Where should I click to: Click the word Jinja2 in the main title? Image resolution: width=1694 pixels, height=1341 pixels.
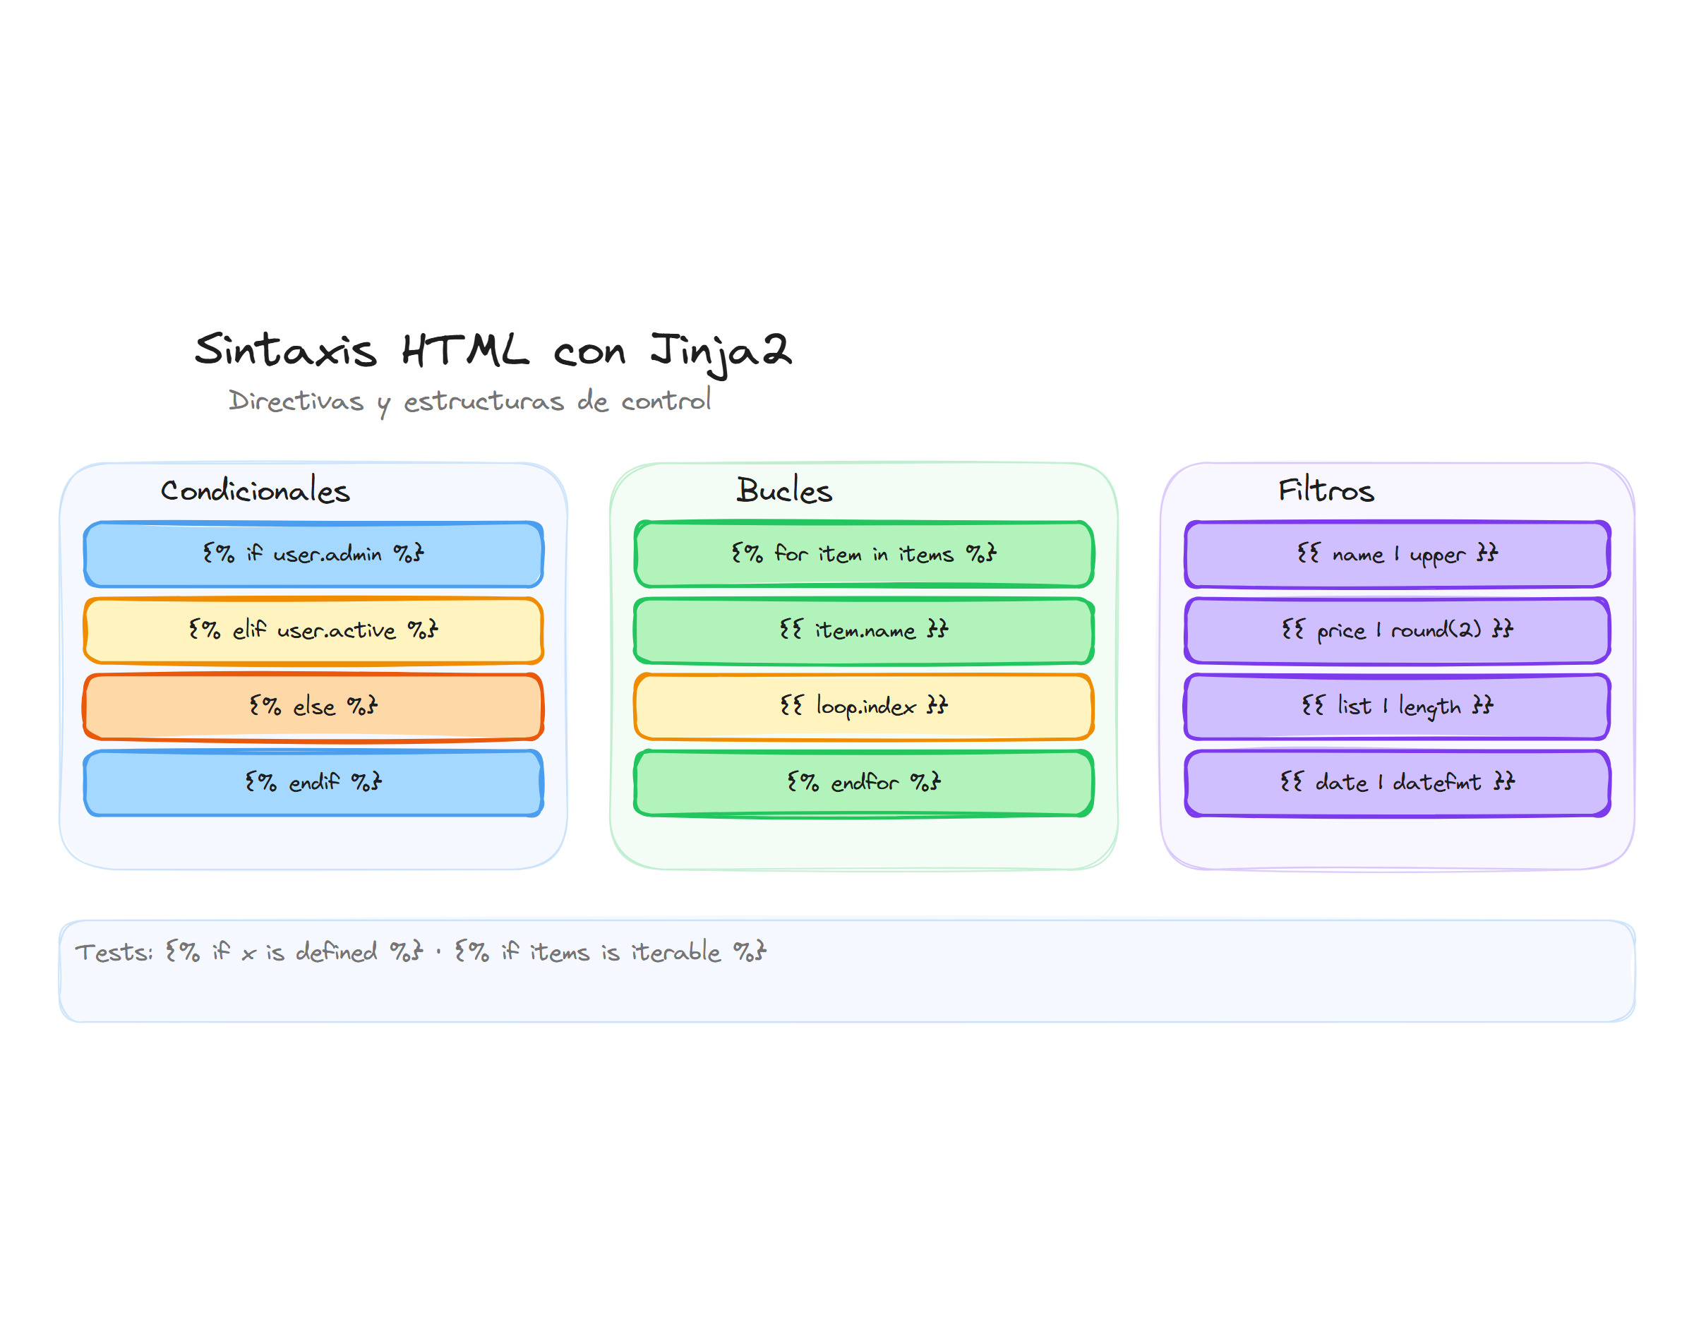(720, 351)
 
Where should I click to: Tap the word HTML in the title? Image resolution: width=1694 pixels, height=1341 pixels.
(464, 351)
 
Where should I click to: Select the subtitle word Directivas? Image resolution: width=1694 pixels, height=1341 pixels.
(296, 401)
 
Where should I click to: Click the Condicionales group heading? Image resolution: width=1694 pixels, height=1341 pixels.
(255, 491)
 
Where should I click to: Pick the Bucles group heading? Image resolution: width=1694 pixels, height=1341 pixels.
(783, 491)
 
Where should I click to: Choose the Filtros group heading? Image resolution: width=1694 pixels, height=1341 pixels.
(1325, 491)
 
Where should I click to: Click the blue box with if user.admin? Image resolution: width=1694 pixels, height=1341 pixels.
(313, 554)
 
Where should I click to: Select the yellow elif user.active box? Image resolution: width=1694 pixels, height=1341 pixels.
(313, 630)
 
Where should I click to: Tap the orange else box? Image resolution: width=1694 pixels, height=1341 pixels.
(313, 706)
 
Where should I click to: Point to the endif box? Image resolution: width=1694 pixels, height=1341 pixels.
(313, 783)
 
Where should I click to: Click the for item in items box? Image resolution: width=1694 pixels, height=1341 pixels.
(863, 554)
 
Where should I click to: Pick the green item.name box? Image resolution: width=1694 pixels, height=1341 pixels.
(863, 630)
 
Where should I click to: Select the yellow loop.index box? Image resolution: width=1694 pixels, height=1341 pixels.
(863, 706)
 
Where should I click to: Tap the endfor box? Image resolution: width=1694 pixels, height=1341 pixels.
(863, 783)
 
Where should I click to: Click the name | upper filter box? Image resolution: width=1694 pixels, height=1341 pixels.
(1398, 554)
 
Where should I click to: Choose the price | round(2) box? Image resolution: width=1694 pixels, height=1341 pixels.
(1398, 630)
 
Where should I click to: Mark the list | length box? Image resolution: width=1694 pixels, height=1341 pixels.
(1398, 706)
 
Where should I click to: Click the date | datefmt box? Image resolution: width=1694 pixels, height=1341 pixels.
(1398, 783)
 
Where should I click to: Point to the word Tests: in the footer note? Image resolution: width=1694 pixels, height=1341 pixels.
(114, 952)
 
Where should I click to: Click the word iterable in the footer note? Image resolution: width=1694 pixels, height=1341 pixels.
(676, 952)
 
